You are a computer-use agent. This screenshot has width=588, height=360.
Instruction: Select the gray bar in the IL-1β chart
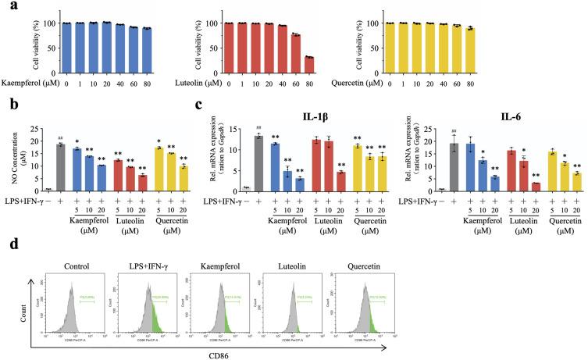[257, 162]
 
